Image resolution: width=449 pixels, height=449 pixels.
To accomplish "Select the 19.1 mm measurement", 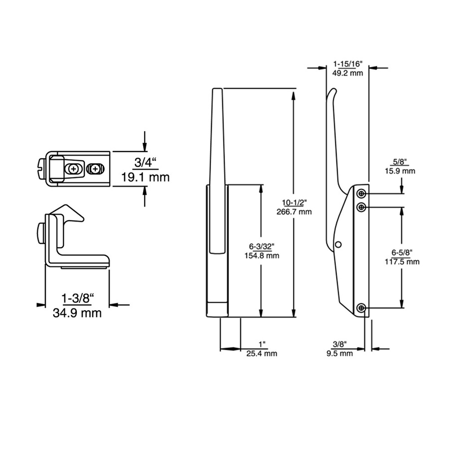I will click(x=146, y=177).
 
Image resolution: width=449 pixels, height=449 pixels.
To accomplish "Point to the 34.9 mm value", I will click(x=77, y=313).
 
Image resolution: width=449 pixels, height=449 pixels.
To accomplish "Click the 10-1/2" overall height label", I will click(x=294, y=202).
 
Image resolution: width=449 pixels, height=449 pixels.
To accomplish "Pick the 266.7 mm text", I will click(x=294, y=212).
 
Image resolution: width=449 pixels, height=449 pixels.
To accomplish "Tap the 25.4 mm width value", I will click(x=261, y=354).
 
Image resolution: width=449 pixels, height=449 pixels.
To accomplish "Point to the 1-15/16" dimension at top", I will click(x=347, y=64).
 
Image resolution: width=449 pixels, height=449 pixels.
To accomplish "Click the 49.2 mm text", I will click(x=347, y=73).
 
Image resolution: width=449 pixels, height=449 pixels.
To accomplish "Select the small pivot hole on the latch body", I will click(x=338, y=244).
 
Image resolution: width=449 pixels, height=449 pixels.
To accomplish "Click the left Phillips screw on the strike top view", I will click(x=74, y=169).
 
